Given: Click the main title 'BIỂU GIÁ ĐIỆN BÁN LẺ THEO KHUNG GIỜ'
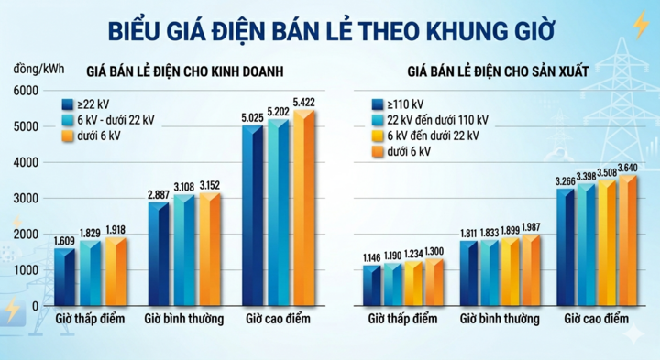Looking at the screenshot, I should pos(330,30).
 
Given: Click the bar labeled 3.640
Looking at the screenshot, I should pos(627,241).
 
